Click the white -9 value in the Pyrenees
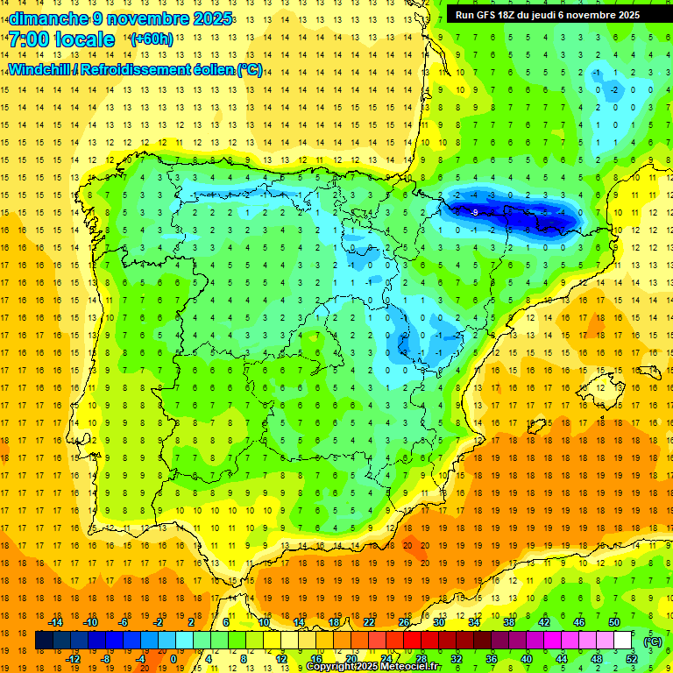(473, 212)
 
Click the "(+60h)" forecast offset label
(152, 39)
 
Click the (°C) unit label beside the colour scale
(652, 641)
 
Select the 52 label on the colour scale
(631, 659)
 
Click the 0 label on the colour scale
(173, 659)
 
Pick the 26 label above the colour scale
(404, 622)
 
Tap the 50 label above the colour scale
(614, 622)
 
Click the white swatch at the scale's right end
(622, 641)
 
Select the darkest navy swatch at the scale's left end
(44, 641)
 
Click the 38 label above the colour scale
(509, 622)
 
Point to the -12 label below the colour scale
(74, 659)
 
